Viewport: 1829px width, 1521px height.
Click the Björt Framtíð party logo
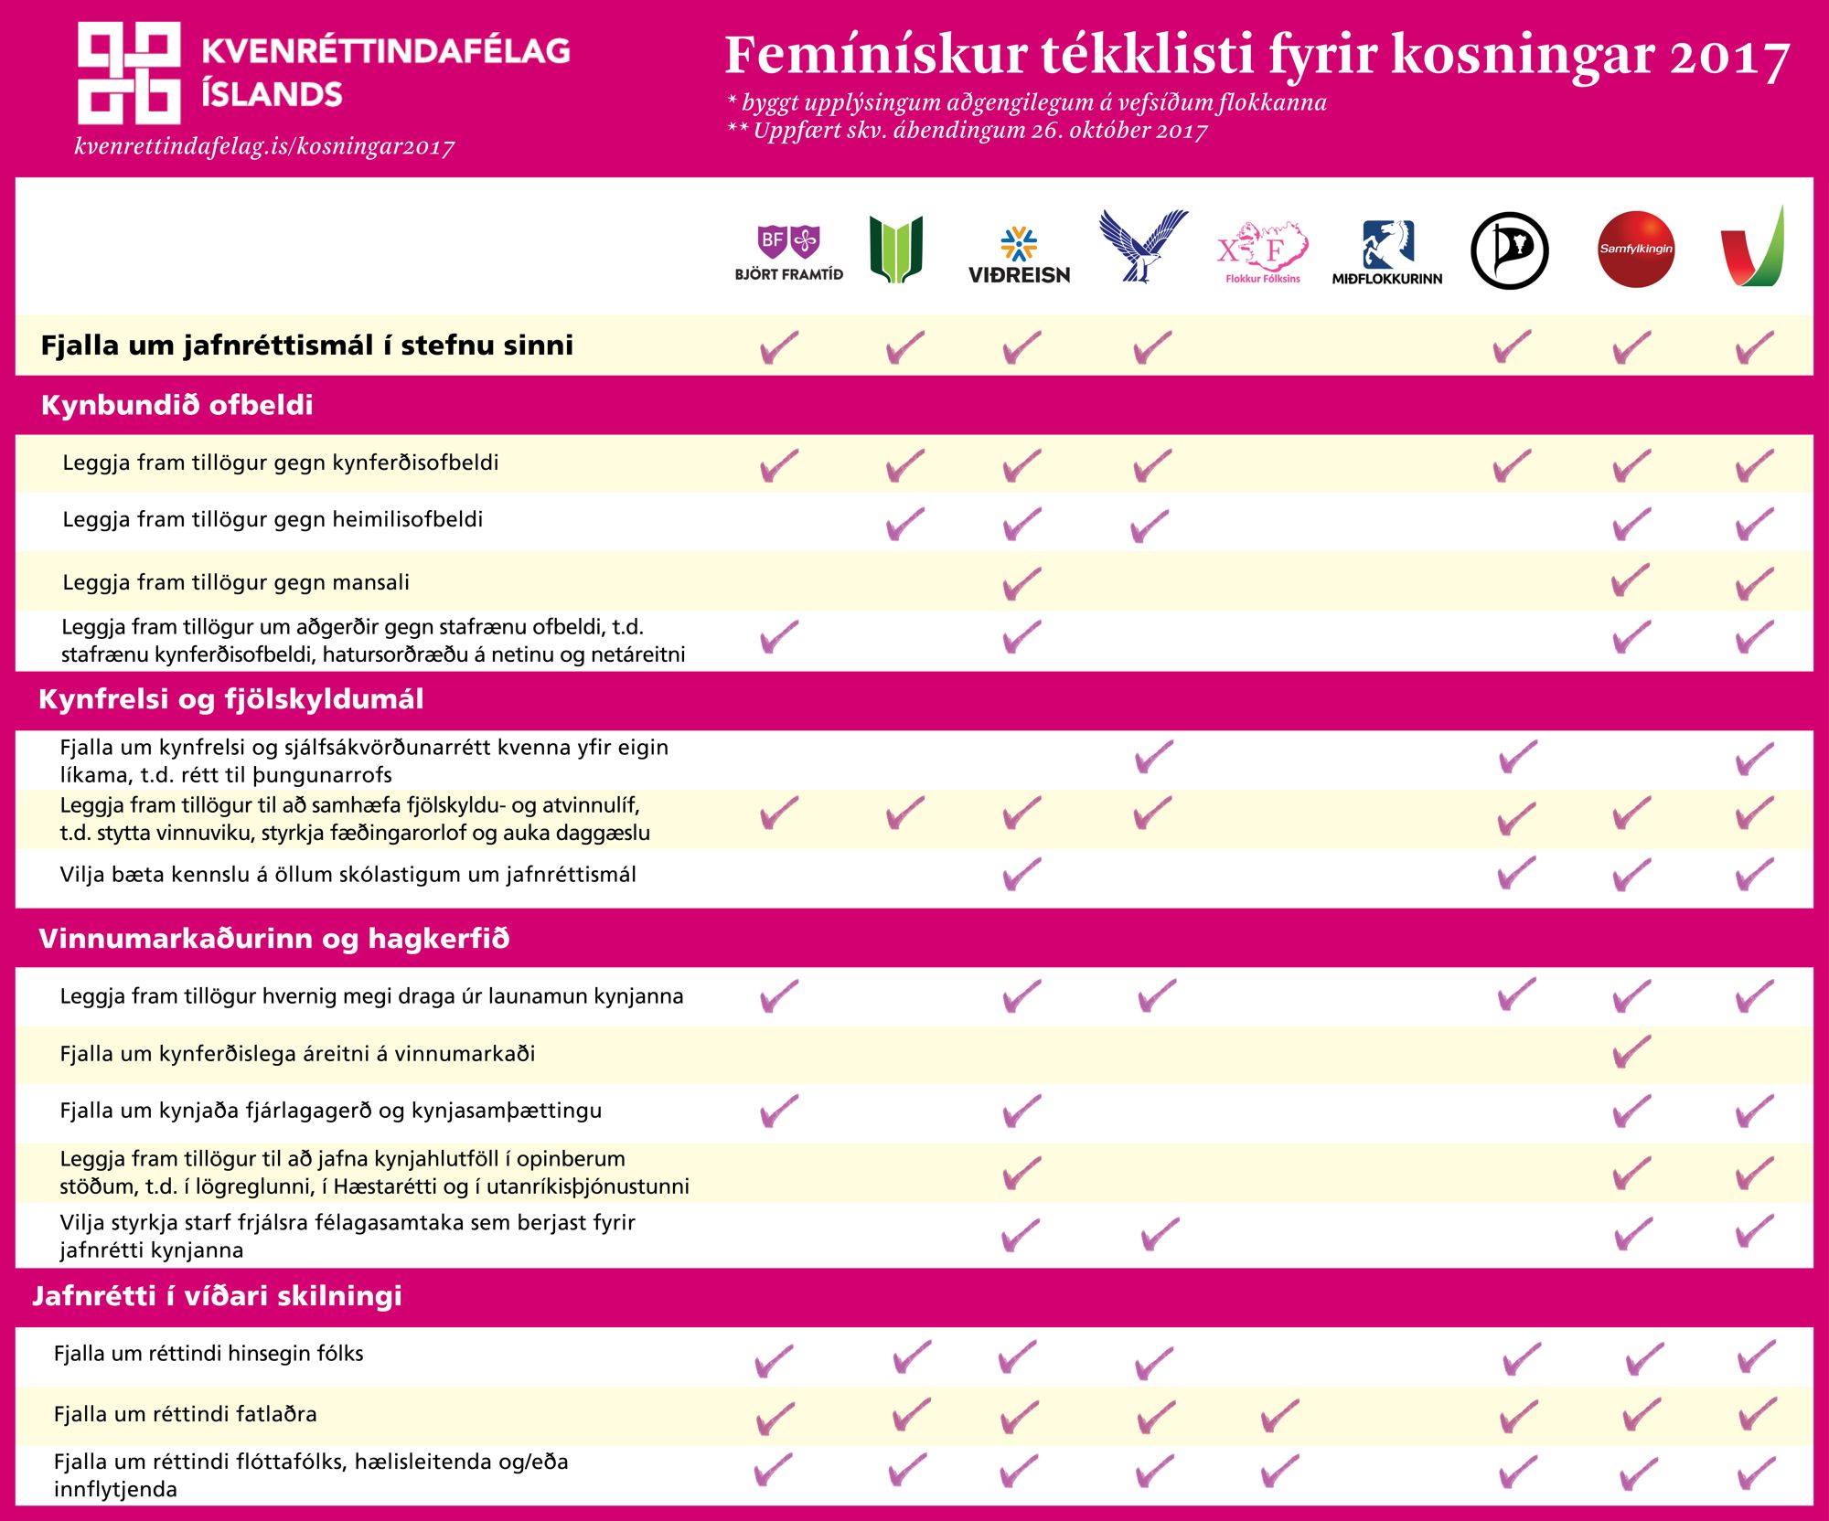(788, 251)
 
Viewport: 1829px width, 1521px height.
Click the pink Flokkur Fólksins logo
(1262, 251)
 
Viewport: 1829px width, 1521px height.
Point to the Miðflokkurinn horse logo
(1387, 252)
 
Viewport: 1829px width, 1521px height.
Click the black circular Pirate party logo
(1509, 250)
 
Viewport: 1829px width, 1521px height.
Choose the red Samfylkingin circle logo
(1636, 249)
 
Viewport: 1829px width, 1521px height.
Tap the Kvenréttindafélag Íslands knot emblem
(128, 73)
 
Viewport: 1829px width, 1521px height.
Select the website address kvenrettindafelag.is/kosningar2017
(264, 146)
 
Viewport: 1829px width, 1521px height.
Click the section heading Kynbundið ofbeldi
(176, 405)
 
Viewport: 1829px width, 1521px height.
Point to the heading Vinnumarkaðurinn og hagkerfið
(273, 939)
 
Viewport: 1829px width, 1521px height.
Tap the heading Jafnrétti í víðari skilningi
(218, 1296)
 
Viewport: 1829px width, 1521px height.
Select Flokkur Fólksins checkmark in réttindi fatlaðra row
(1278, 1415)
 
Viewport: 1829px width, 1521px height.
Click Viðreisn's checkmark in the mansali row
(1021, 582)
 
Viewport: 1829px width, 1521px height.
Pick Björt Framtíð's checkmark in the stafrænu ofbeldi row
(779, 636)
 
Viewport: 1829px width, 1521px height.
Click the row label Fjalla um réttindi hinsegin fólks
(209, 1354)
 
